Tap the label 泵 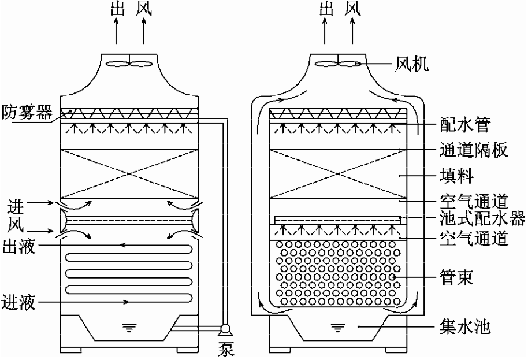tap(226, 350)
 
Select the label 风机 tap(412, 64)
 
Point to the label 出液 tap(18, 247)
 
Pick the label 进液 tap(18, 301)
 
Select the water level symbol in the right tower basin tap(337, 329)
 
